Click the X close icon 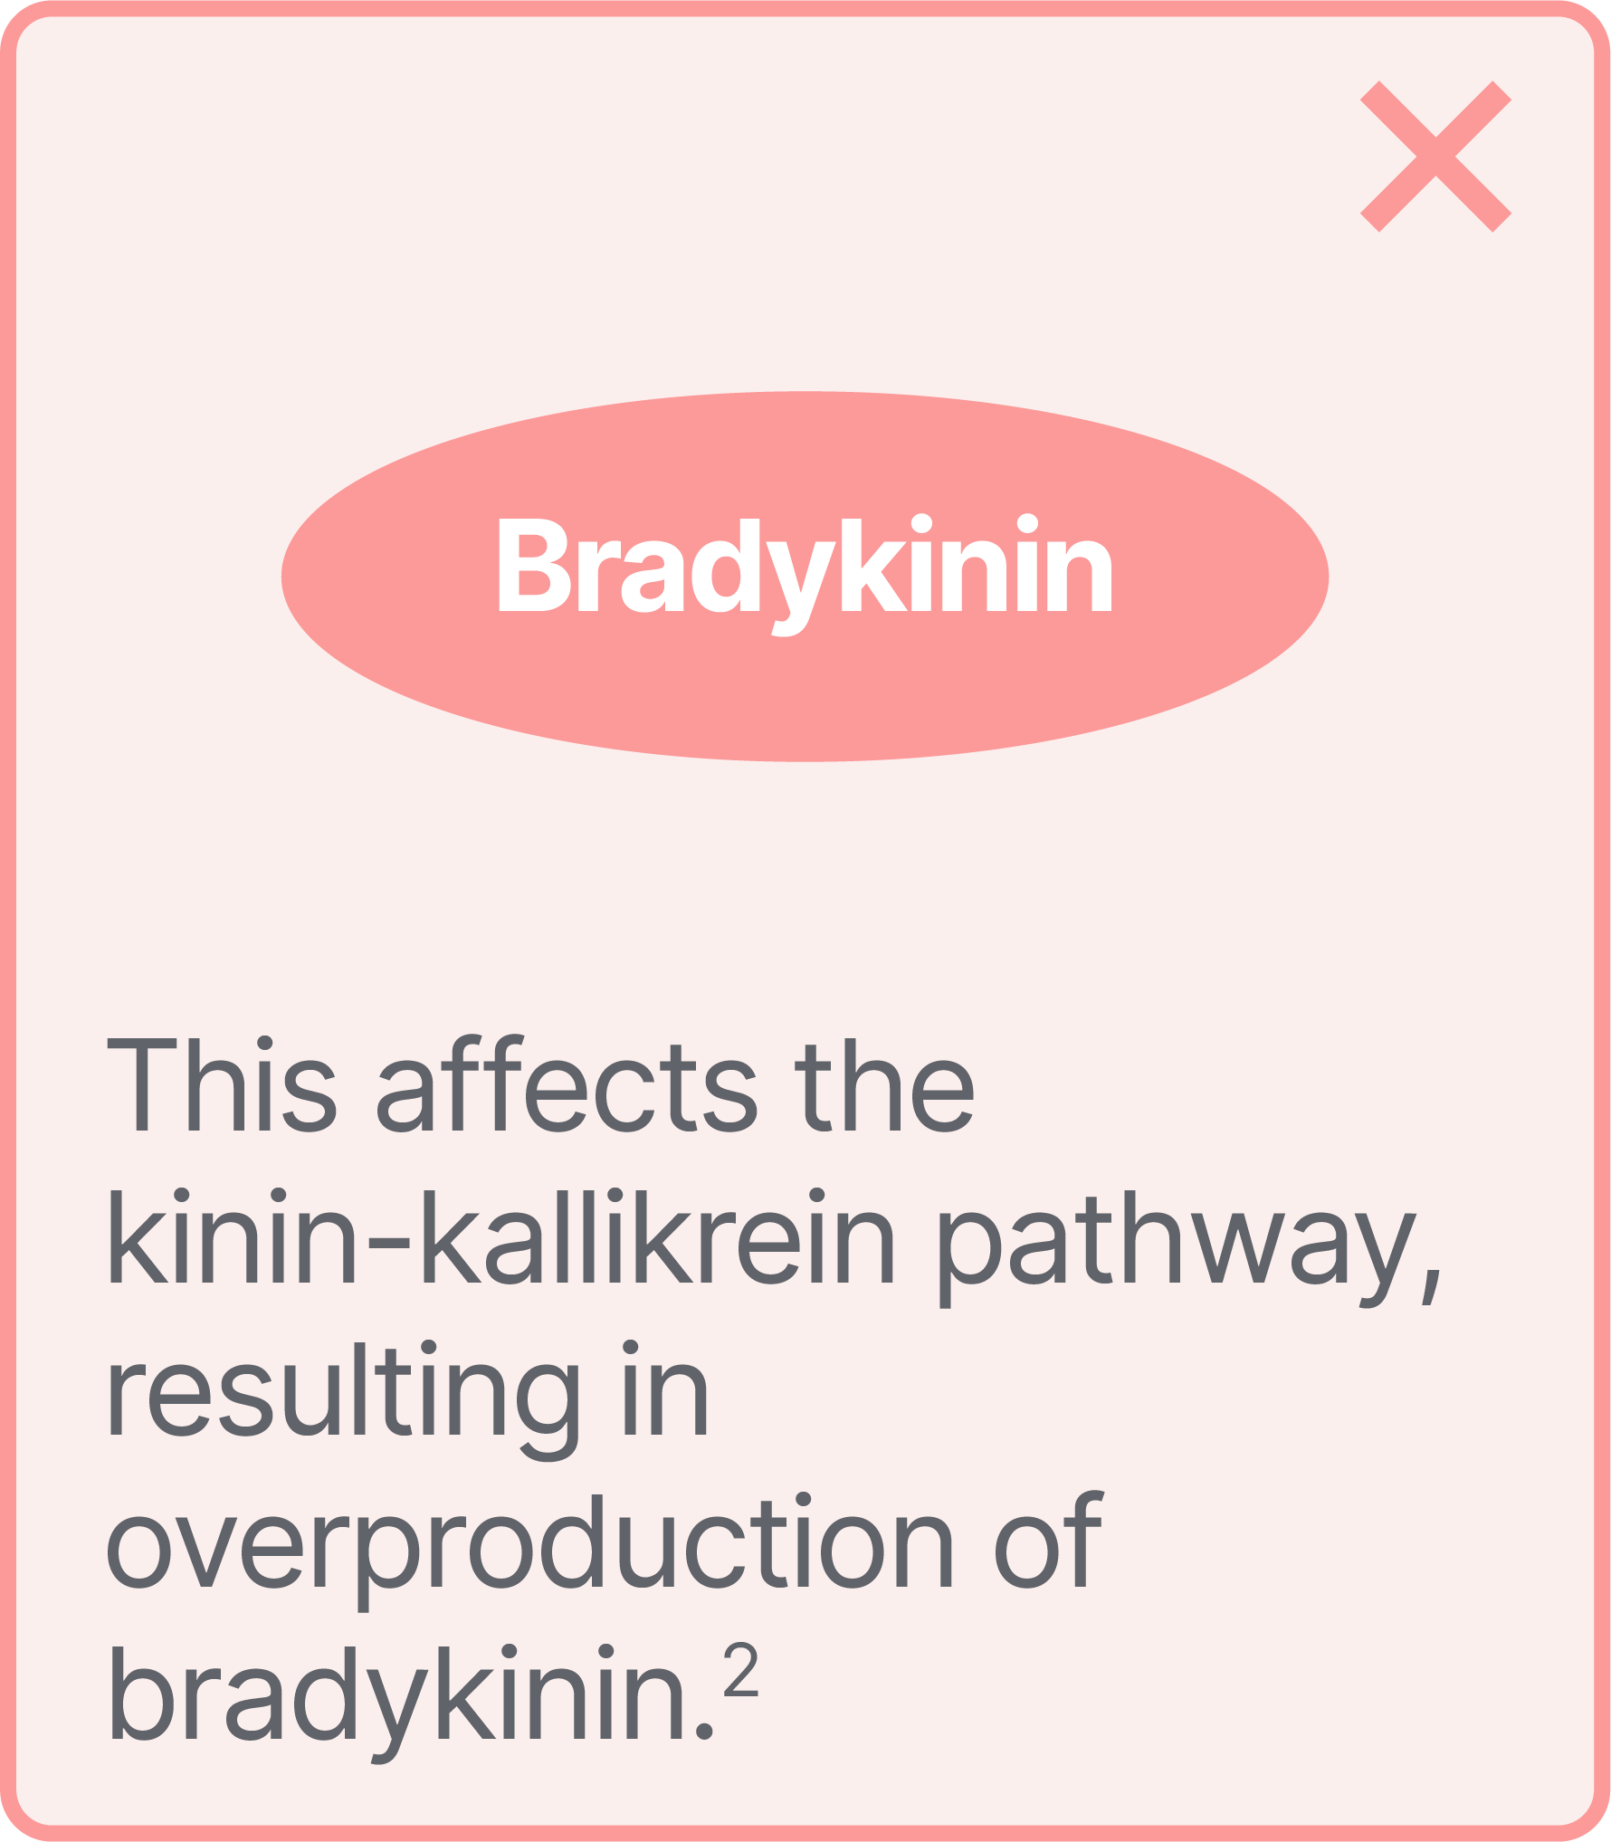pos(1435,157)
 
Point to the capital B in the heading pos(534,565)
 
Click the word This pos(222,1086)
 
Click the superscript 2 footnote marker pos(740,1671)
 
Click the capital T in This pos(141,1086)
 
